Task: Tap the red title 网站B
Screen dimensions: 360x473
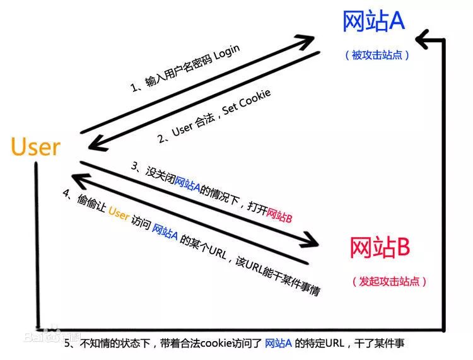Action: click(x=380, y=247)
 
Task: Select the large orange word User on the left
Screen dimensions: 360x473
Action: click(x=35, y=147)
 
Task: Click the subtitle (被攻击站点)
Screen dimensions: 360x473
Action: click(x=377, y=55)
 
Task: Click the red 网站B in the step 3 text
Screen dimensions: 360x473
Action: click(x=279, y=214)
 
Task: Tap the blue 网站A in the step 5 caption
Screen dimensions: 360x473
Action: click(x=277, y=344)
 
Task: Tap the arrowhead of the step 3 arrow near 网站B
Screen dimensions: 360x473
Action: click(x=312, y=240)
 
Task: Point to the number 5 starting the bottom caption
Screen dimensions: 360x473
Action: click(x=69, y=344)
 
